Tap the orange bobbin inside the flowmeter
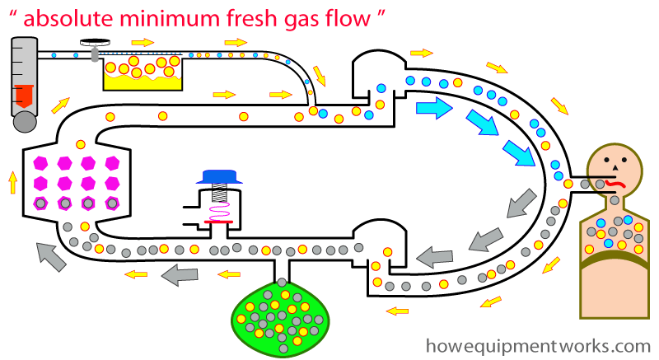[x=24, y=98]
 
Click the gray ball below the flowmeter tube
[x=25, y=122]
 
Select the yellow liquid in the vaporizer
[x=141, y=81]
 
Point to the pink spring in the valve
[x=218, y=213]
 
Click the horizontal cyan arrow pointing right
[x=434, y=108]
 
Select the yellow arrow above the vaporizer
[x=142, y=41]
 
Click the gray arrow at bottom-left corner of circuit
[x=51, y=260]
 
